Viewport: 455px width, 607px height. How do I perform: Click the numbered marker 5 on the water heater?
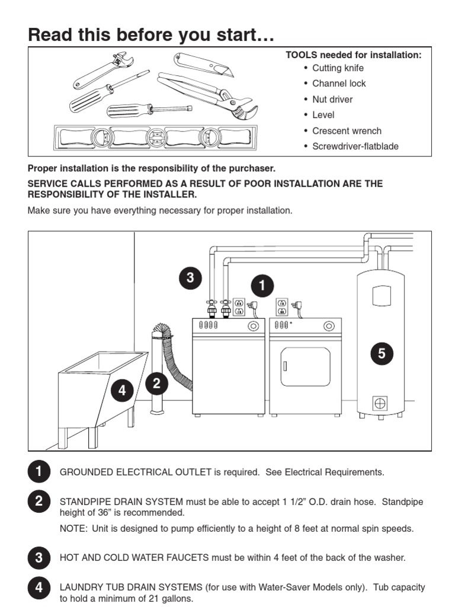click(x=382, y=354)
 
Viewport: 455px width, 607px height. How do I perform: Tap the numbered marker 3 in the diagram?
click(x=190, y=278)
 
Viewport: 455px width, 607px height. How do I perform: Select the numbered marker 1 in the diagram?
click(x=261, y=286)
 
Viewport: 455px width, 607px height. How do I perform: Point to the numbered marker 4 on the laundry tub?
click(x=122, y=390)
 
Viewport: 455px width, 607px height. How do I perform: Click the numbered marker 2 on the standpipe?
click(x=156, y=384)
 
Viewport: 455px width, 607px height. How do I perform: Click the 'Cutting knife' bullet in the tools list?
click(x=338, y=68)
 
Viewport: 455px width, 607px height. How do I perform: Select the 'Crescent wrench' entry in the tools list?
click(x=347, y=131)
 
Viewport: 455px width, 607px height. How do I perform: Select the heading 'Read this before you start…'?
click(x=151, y=35)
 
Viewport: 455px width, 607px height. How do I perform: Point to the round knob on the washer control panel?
click(x=254, y=325)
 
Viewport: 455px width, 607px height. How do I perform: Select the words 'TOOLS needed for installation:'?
click(x=354, y=55)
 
